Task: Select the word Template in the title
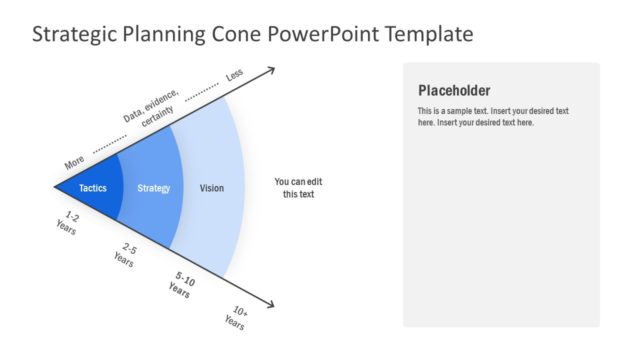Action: point(423,34)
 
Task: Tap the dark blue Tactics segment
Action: point(93,188)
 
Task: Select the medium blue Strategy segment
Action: point(153,188)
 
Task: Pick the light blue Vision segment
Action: point(212,188)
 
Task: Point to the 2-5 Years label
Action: point(125,254)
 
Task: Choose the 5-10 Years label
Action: point(182,287)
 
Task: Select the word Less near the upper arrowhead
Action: point(234,75)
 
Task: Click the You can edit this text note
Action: point(298,188)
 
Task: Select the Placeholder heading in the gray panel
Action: point(454,90)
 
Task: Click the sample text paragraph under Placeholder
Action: point(493,116)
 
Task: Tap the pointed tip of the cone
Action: point(56,186)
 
